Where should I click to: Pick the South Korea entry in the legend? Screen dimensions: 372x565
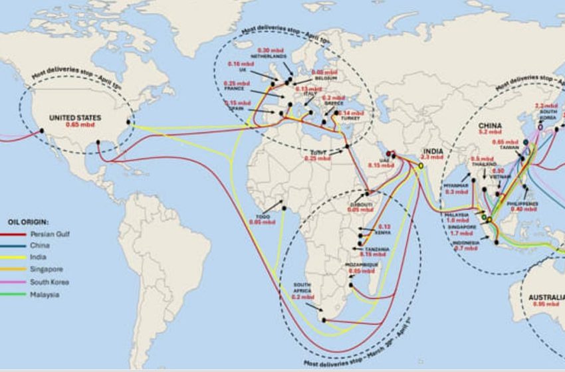(49, 282)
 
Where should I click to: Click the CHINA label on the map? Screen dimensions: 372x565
(490, 126)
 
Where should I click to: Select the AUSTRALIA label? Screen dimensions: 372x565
(546, 297)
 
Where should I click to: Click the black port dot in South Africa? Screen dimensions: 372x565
(324, 320)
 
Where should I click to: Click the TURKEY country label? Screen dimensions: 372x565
(350, 120)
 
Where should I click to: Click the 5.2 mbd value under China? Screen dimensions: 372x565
(490, 133)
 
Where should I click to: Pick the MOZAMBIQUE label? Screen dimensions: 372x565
(361, 264)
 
